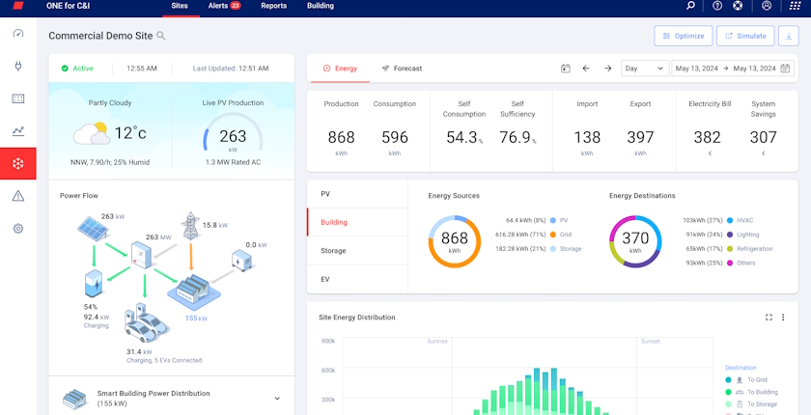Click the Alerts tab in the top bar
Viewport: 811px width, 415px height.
[223, 6]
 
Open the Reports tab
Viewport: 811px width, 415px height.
[273, 6]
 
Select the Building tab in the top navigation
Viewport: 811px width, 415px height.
[320, 6]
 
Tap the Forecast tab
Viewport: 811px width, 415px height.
[402, 69]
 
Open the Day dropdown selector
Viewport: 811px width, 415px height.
[645, 69]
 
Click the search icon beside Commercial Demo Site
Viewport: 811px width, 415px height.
[161, 36]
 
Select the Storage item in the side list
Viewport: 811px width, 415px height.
[333, 251]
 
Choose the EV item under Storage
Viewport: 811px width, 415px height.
[326, 279]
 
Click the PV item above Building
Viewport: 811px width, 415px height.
[325, 194]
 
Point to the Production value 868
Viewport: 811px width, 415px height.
[341, 138]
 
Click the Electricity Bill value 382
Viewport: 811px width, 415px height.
[707, 138]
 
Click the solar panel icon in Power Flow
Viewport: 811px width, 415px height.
[94, 230]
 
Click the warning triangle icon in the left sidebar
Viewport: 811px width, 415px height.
[17, 196]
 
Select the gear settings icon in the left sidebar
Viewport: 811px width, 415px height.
[17, 229]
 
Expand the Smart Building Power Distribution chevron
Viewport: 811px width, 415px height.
[277, 399]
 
